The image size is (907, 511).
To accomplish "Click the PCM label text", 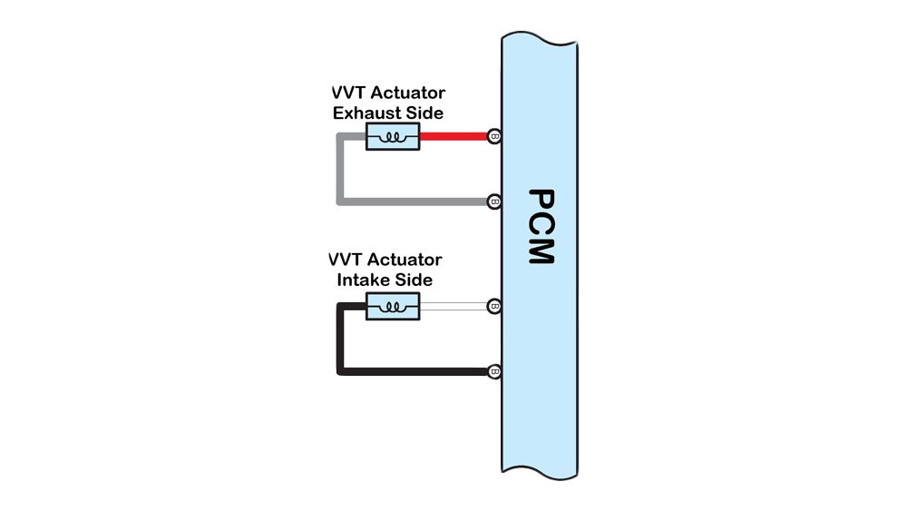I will point(540,226).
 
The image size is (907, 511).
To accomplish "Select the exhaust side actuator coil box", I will point(392,137).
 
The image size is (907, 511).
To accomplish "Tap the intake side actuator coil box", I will point(392,307).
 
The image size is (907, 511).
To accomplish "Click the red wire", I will point(453,137).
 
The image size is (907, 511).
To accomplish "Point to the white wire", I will point(453,307).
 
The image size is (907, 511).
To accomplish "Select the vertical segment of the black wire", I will point(339,340).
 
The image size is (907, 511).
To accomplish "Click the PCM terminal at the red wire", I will point(494,137).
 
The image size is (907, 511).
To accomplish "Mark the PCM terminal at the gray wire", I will point(494,201).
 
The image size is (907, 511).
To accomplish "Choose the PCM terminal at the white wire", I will point(494,307).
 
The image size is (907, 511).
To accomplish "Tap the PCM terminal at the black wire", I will point(494,371).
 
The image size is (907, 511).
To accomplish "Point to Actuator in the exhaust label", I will point(406,94).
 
